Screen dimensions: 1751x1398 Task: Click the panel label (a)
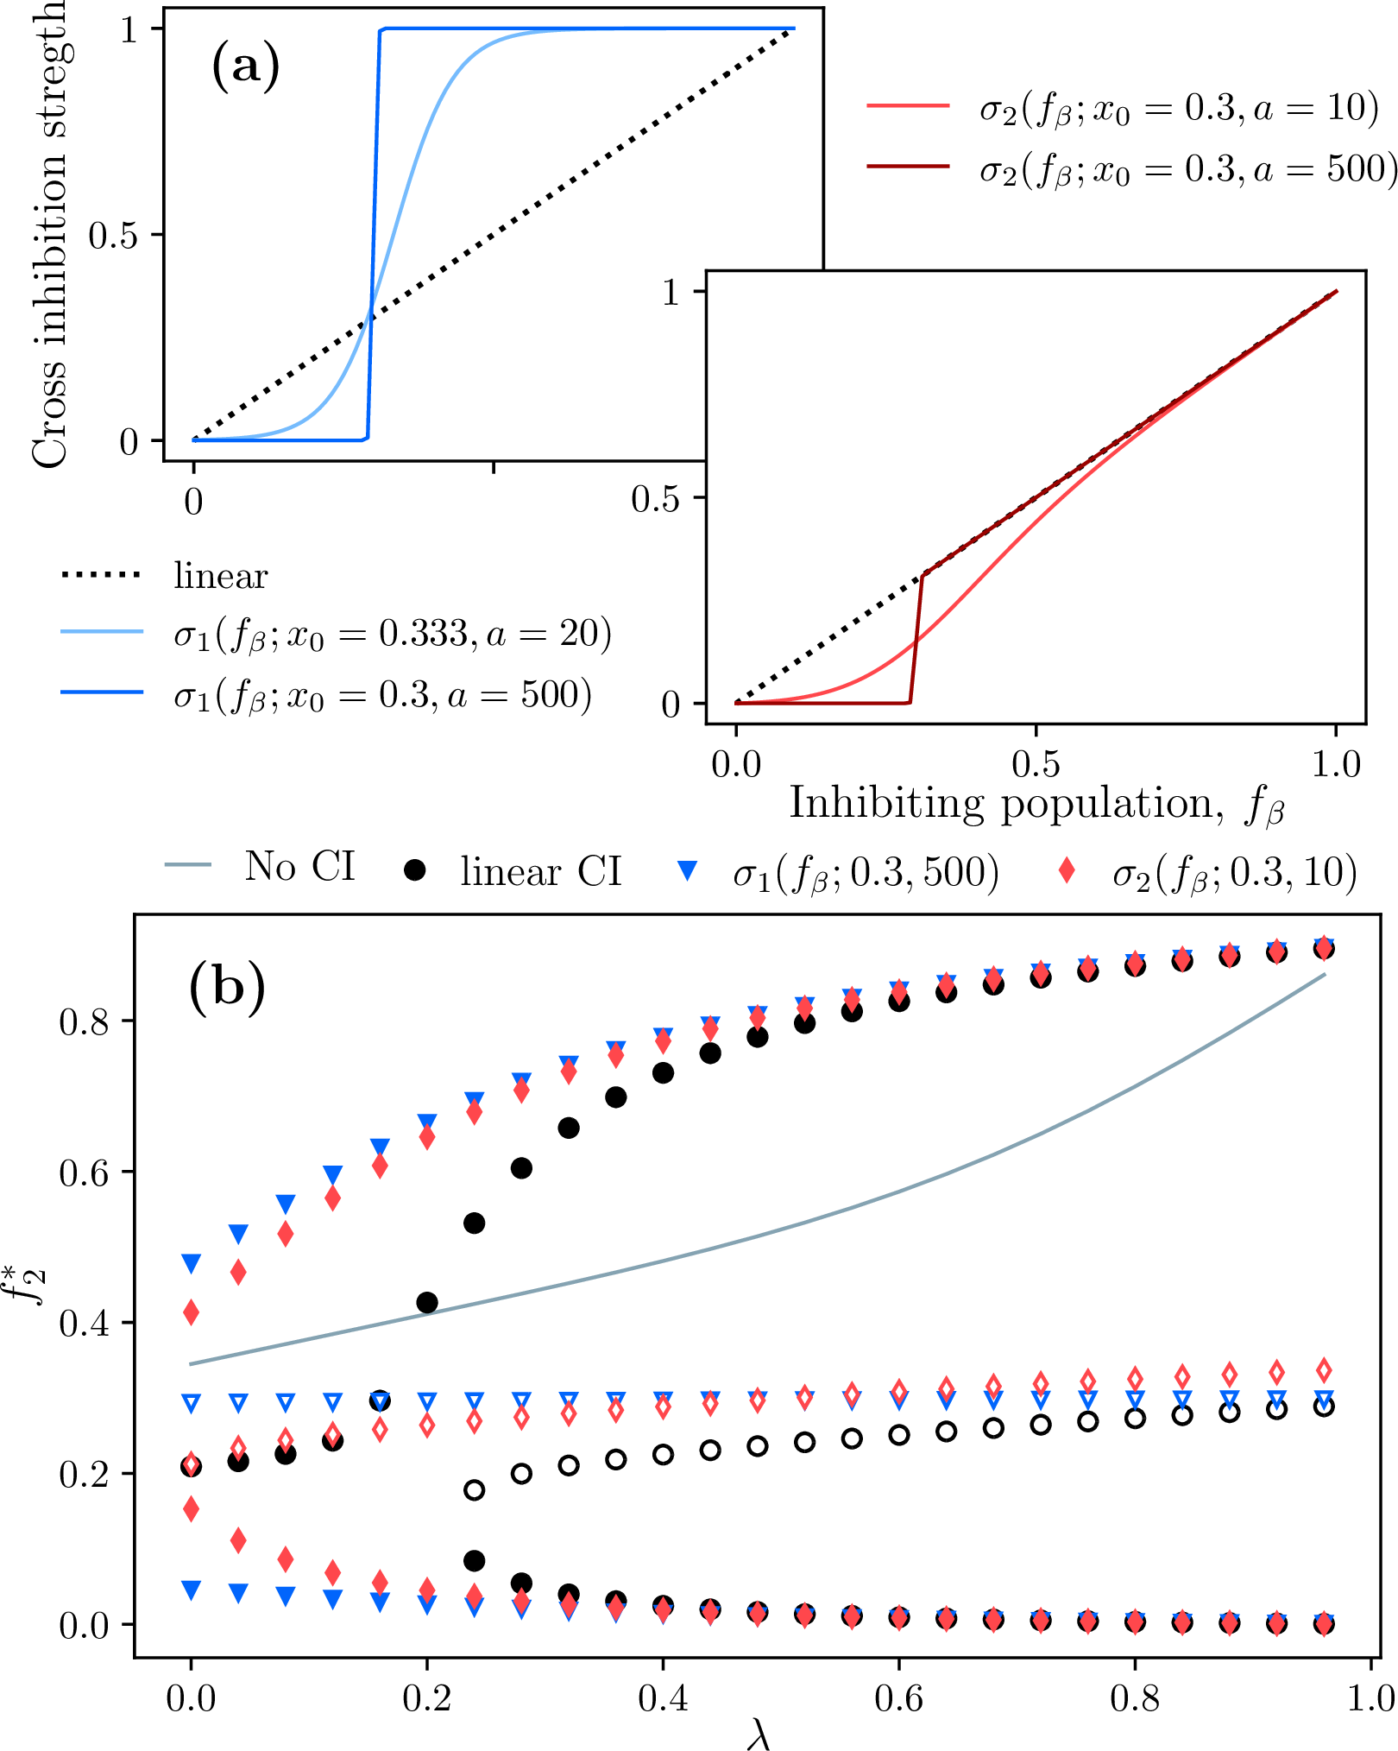coord(245,66)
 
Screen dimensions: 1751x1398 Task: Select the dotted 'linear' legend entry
coord(164,576)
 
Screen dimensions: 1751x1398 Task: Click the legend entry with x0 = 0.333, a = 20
coord(337,635)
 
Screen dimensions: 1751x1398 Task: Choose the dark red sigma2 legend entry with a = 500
coord(1130,168)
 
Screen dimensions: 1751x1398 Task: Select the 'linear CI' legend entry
coord(513,871)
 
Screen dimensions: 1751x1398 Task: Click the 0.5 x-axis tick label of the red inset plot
coord(1036,765)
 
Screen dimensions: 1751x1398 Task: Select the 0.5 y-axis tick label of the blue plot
coord(114,236)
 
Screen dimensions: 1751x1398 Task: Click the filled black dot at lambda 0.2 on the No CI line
coord(426,1302)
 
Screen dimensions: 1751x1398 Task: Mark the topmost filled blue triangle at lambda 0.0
coord(191,1264)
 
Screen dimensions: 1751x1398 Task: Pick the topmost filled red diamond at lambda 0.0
coord(191,1312)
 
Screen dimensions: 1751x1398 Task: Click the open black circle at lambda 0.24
coord(474,1490)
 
